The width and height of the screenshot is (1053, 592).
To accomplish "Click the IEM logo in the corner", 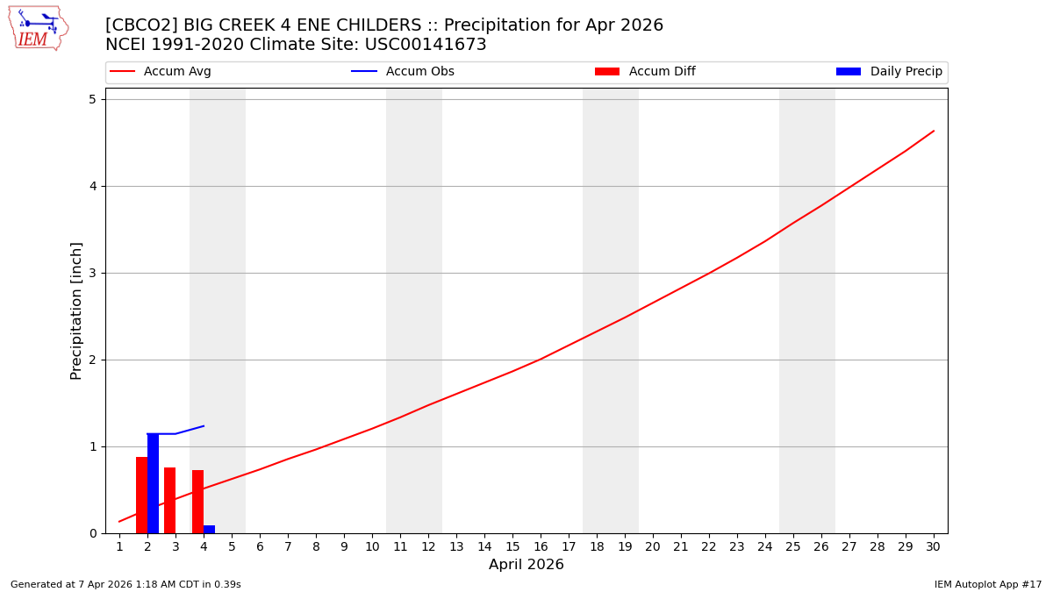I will [x=38, y=28].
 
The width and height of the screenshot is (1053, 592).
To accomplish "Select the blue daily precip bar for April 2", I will [x=153, y=483].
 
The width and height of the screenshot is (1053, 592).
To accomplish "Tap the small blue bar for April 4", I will [x=209, y=529].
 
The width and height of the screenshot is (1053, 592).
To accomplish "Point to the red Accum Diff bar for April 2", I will [x=141, y=495].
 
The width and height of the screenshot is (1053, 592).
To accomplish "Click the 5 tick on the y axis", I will [x=92, y=99].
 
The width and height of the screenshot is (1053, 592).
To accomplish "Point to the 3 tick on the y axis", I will [x=92, y=273].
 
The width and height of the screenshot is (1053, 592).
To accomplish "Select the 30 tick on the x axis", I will [x=933, y=547].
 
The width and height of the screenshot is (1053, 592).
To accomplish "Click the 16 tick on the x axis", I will [x=541, y=547].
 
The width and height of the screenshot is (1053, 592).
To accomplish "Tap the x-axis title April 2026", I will [x=526, y=565].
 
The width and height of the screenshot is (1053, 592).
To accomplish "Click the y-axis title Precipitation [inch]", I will [x=76, y=310].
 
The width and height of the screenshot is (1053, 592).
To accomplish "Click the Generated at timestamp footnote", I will [x=125, y=584].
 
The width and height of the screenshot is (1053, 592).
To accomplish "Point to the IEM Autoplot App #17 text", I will [x=988, y=584].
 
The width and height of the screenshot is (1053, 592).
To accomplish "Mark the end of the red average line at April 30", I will [x=934, y=131].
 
